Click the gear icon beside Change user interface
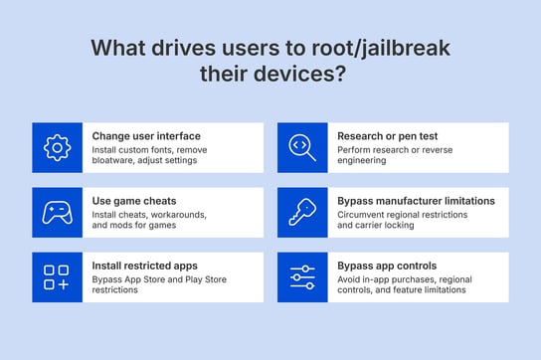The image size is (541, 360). [57, 147]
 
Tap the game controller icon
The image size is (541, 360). [57, 212]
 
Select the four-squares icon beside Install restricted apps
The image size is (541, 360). [57, 276]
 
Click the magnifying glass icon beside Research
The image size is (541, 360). [302, 147]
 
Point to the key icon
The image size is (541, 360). [302, 212]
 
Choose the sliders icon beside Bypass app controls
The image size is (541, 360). [302, 276]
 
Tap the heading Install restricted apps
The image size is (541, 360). [145, 266]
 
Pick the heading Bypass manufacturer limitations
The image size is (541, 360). [416, 200]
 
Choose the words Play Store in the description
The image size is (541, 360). [200, 278]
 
